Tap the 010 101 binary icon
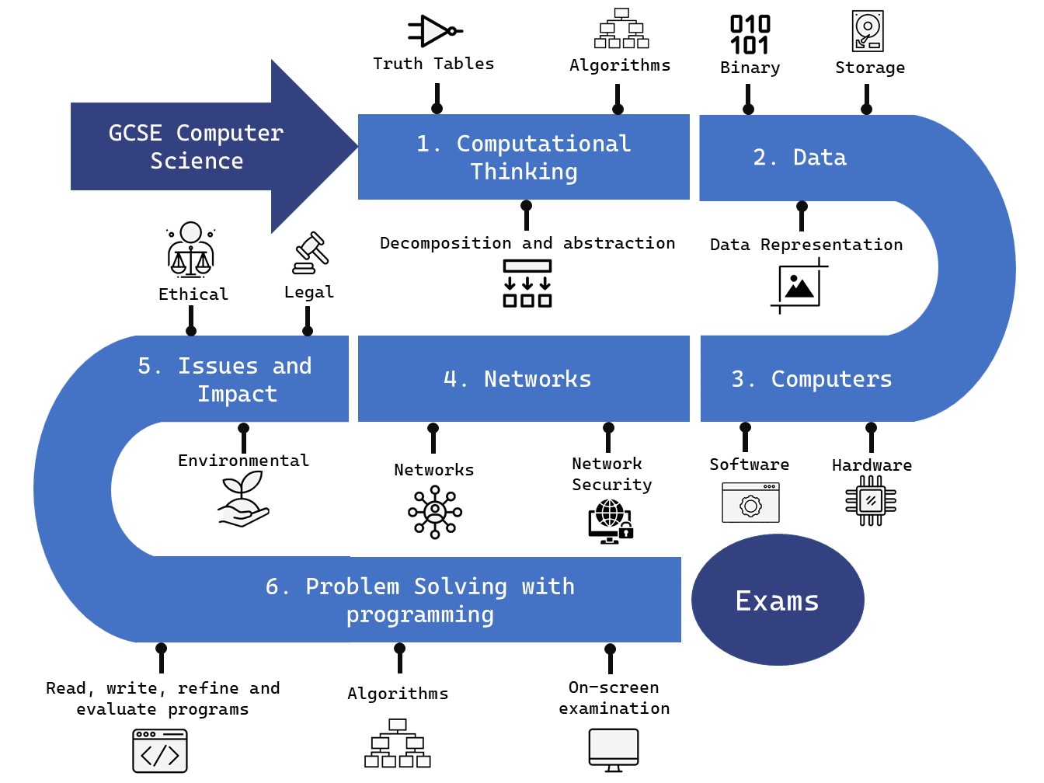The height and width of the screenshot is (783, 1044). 750,35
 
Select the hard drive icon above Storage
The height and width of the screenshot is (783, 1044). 868,31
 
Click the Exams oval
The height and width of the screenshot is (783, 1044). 778,600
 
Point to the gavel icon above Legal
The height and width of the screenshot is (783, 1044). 311,253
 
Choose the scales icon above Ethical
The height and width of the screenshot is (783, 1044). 190,250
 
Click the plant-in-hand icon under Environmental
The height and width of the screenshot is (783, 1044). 243,500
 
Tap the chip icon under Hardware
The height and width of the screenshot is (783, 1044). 871,501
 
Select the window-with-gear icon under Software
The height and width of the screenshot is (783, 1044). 750,503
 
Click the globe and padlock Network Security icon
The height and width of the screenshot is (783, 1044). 611,521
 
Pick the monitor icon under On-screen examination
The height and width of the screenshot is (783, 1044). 614,750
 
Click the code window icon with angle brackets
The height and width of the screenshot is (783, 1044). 160,751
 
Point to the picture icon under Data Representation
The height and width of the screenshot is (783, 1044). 799,286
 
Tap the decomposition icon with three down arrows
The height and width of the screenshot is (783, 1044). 527,284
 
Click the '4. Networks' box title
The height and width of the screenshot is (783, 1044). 517,379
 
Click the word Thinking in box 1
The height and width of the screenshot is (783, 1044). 524,172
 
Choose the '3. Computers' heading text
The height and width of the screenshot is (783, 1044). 812,379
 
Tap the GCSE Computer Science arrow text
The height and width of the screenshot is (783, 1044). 197,147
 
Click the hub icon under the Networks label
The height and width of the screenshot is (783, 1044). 435,512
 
